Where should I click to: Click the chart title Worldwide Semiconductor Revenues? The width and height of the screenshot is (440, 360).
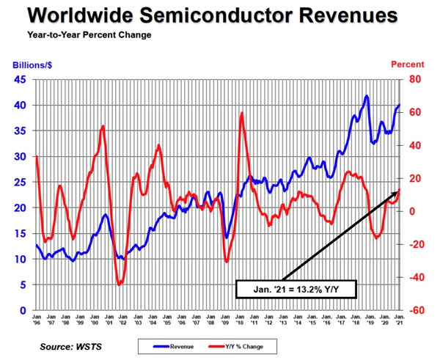220,16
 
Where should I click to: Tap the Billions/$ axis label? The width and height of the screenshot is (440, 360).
32,65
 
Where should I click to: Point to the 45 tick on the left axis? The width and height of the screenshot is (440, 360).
21,79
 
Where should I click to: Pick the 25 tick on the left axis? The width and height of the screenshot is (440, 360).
21,182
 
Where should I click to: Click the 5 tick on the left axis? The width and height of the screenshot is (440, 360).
24,284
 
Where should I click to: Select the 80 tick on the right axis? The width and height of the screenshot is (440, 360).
414,79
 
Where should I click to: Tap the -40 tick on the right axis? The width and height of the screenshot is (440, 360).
416,277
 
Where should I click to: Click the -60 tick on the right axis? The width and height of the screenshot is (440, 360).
416,310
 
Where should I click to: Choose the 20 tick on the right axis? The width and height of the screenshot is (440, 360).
414,178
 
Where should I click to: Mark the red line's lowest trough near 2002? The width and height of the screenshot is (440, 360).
120,284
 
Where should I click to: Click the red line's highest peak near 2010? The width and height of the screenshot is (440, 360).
241,113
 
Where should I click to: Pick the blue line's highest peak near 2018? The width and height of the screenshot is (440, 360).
366,96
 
